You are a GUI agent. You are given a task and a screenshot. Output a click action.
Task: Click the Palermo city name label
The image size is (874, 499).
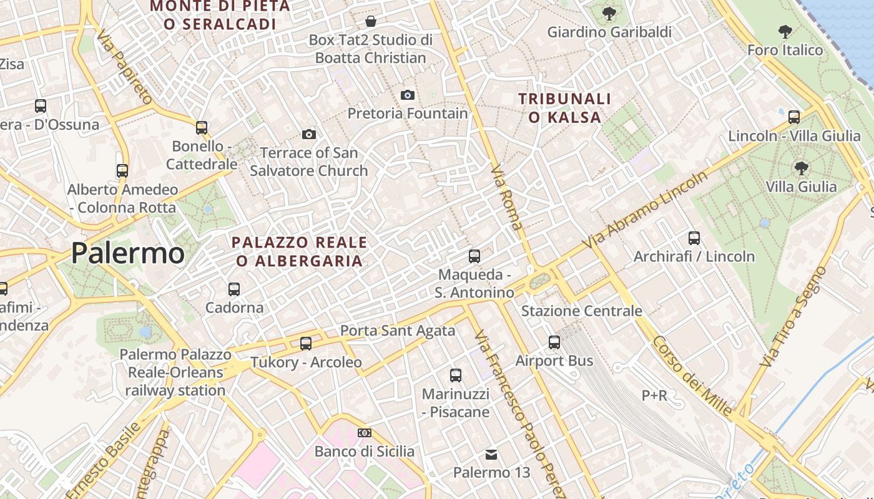coord(127,253)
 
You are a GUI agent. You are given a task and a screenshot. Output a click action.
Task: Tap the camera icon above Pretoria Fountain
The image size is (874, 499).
coord(408,95)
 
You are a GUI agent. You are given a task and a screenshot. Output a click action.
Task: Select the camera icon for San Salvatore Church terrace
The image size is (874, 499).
coord(308,134)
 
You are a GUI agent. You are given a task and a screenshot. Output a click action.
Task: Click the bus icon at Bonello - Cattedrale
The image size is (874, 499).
coord(202,128)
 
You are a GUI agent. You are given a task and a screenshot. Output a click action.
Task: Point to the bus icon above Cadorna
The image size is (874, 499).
coord(234,289)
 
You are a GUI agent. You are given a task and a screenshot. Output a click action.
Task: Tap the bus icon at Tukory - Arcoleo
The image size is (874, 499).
coord(306,343)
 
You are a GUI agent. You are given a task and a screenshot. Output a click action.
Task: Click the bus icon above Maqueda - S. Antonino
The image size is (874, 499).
coord(474,256)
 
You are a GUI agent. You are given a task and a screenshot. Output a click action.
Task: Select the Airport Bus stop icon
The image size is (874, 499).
coord(554,342)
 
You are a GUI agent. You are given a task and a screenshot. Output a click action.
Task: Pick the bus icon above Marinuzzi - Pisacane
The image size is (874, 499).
coord(456,375)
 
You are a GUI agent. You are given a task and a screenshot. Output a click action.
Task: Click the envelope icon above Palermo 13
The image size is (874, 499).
coord(492,454)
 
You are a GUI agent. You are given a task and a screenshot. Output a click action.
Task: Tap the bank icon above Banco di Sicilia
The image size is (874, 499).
coord(365,433)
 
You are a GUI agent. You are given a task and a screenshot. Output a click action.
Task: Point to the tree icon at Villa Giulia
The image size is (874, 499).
coord(801,167)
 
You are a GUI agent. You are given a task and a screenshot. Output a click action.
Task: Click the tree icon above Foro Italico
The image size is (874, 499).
coord(785,31)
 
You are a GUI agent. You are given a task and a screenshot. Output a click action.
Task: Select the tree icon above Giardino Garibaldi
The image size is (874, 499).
coord(609,12)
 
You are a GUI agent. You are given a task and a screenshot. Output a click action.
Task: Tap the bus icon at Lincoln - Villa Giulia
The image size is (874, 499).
coord(794,117)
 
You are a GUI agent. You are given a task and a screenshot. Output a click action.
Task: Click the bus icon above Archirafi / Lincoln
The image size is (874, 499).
coord(694,238)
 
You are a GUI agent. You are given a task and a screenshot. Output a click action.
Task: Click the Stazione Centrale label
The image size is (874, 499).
coord(581,311)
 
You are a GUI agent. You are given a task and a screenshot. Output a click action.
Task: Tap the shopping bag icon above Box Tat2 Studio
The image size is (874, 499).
coord(371,22)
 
